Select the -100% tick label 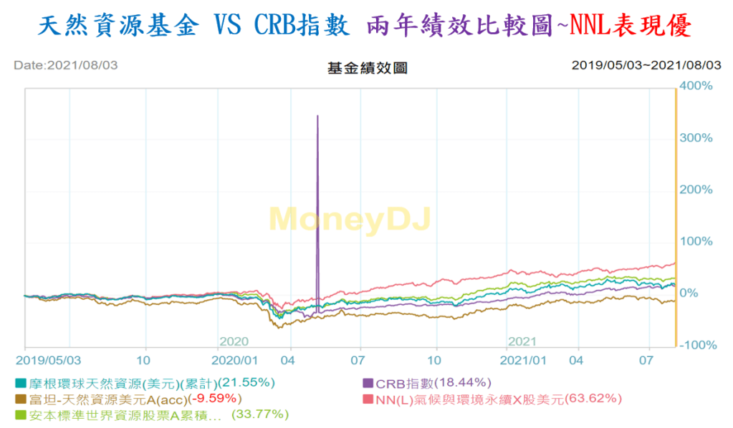(699, 345)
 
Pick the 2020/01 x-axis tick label (234, 358)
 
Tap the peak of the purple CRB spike (317, 115)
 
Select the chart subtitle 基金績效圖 (367, 69)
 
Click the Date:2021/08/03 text (65, 65)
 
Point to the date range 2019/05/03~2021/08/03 (646, 65)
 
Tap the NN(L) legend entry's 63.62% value (593, 398)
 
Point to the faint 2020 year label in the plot (234, 341)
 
